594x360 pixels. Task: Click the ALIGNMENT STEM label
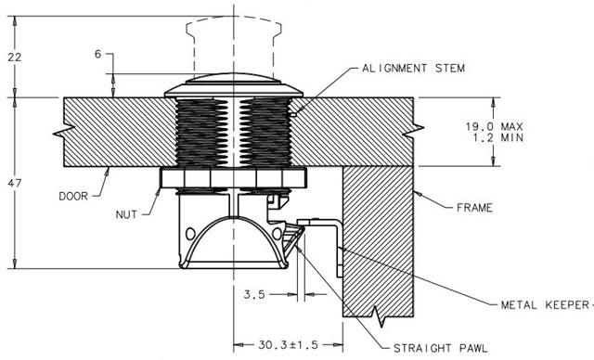coord(413,69)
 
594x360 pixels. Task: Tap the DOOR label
coord(73,196)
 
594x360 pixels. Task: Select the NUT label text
coord(126,214)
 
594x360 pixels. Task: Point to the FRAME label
coord(474,208)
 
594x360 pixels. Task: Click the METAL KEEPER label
coord(545,304)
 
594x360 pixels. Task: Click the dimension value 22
coord(15,58)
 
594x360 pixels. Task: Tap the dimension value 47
coord(15,183)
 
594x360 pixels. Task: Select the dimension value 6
coord(98,55)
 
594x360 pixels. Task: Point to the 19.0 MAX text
coord(494,126)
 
